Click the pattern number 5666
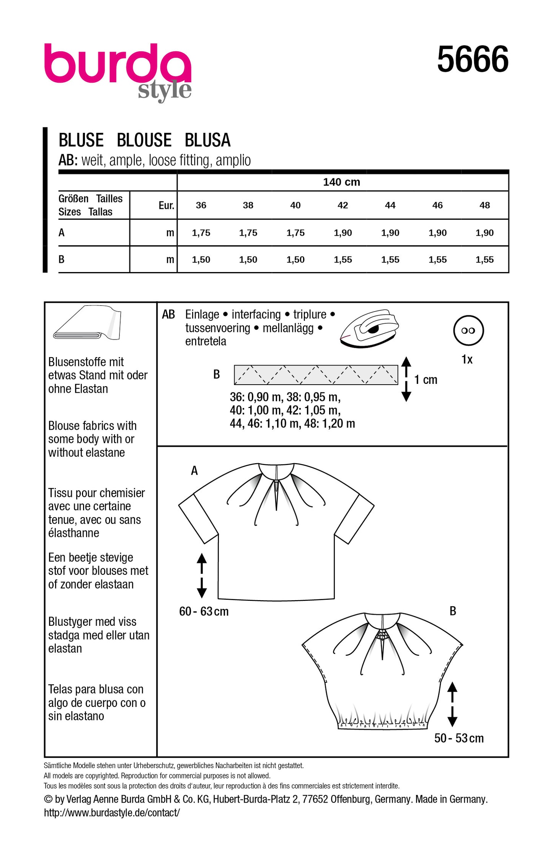(473, 59)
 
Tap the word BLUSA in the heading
(207, 140)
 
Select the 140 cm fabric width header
(341, 182)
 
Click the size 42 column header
(343, 206)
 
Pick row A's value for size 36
(201, 233)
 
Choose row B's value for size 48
(484, 259)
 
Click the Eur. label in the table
(166, 206)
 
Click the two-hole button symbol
(468, 330)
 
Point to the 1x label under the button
(467, 359)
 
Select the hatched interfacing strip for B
(316, 375)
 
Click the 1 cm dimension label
(426, 380)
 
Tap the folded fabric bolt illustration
(88, 323)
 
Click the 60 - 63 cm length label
(204, 611)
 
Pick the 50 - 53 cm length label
(459, 738)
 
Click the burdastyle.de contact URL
(112, 813)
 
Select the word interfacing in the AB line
(256, 315)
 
